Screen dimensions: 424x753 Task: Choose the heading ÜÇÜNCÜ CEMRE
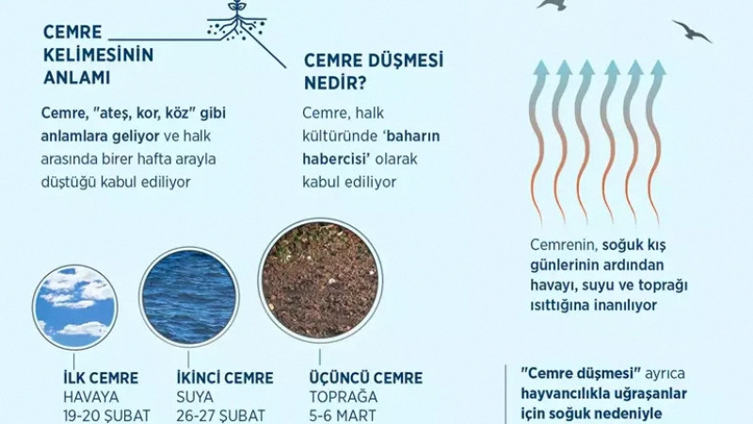tap(365, 378)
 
